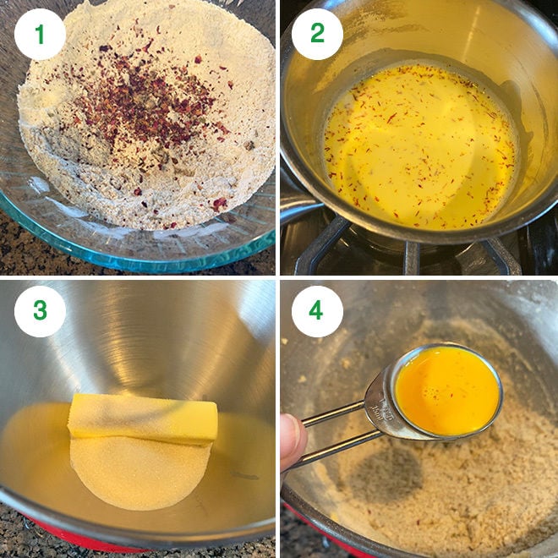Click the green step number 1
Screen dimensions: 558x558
39,34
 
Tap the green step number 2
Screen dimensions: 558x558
317,34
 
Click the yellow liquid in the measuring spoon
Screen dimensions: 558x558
446,391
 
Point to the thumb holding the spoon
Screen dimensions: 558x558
293,440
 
